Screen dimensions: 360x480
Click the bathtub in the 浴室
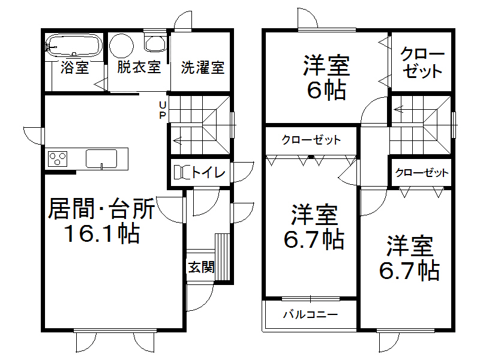tap(73, 45)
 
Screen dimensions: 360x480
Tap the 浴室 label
tap(74, 67)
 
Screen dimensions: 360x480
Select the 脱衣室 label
tap(139, 67)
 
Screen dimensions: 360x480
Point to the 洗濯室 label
tap(203, 67)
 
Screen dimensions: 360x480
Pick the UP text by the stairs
tap(161, 110)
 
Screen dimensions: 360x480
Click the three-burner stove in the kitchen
tap(58, 158)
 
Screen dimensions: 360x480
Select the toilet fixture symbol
tap(182, 173)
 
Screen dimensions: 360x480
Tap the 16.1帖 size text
tap(102, 234)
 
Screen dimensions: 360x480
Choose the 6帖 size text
tap(326, 90)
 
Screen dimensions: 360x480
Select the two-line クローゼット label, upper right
tap(422, 62)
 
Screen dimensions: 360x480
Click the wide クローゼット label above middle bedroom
tap(311, 140)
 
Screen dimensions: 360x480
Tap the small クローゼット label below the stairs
tap(421, 173)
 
